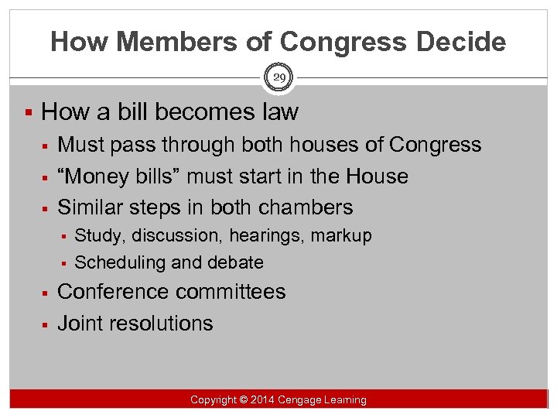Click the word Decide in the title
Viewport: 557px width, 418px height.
click(461, 41)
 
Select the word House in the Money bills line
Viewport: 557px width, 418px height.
click(377, 176)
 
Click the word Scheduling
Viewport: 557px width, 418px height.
click(120, 262)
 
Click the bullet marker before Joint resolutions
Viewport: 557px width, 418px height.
click(46, 324)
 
